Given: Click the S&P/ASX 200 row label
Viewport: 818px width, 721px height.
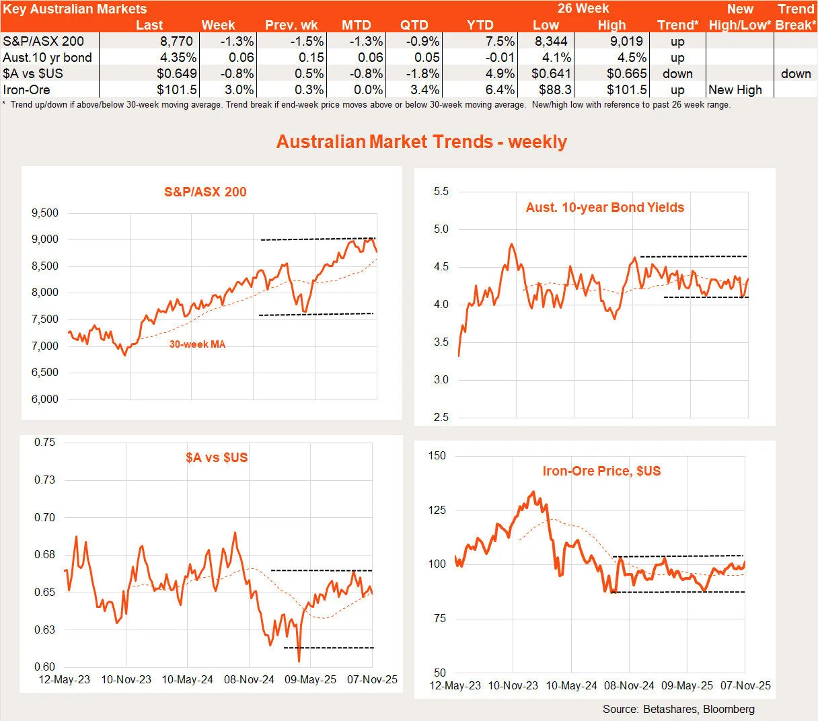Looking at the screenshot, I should [43, 42].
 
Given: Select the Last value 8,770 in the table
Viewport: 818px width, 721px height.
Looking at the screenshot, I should [177, 42].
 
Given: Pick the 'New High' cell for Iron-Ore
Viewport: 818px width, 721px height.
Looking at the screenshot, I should [735, 90].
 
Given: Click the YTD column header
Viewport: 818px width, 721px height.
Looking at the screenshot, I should [480, 26].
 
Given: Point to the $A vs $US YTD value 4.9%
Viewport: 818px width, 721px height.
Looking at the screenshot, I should [500, 74].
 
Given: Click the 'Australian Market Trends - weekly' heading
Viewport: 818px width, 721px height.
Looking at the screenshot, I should [422, 142].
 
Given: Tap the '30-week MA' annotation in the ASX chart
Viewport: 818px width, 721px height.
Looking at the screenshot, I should [197, 344].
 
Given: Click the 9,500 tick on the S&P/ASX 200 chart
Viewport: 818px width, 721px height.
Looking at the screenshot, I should [45, 213].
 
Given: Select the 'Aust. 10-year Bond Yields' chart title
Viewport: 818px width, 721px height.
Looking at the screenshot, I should [605, 208].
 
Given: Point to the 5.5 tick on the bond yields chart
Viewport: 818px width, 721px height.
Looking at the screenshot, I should [441, 192].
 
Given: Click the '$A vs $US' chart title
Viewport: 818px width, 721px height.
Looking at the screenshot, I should [217, 457].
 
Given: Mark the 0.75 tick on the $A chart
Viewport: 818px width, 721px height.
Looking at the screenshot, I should [45, 443].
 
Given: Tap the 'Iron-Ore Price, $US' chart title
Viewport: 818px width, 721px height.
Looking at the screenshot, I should [601, 471].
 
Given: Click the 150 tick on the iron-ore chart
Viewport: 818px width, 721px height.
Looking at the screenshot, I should [437, 456].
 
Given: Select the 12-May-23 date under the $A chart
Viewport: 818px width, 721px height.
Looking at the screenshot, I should [65, 679].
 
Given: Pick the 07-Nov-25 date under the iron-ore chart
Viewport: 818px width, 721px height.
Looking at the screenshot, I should [745, 686].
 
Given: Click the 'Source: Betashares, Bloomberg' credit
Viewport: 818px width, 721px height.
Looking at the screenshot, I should [678, 709].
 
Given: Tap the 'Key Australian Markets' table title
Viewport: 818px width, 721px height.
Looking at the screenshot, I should [75, 9].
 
